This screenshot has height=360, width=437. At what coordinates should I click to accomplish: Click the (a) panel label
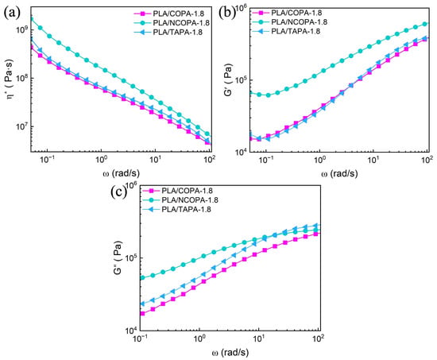click(x=12, y=13)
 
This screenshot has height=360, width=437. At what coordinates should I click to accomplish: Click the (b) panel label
click(x=227, y=13)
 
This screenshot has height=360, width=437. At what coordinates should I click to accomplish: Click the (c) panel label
click(x=119, y=192)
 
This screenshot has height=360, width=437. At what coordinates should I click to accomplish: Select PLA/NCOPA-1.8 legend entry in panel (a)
click(x=172, y=23)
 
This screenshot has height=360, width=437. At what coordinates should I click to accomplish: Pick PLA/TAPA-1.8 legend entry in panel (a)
click(x=168, y=32)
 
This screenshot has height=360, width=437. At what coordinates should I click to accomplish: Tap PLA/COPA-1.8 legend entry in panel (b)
click(x=287, y=13)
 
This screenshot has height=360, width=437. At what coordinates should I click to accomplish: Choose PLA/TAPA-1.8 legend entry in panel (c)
click(x=176, y=209)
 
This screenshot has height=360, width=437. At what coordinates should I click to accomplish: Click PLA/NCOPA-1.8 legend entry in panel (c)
click(x=180, y=200)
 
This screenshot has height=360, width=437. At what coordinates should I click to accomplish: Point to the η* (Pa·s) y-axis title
click(x=10, y=80)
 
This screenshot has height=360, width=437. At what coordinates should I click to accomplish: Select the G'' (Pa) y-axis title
click(x=118, y=257)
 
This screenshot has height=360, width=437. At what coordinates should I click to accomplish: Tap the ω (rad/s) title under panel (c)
click(x=230, y=353)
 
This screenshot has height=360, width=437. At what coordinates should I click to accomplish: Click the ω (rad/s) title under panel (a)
click(x=122, y=173)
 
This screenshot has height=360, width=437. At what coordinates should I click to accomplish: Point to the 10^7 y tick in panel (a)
click(x=21, y=126)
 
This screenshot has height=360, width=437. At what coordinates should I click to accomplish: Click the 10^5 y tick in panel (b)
click(x=241, y=79)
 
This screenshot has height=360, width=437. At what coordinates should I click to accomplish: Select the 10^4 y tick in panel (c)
click(x=132, y=331)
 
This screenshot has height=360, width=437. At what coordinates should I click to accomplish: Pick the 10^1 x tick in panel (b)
click(x=373, y=160)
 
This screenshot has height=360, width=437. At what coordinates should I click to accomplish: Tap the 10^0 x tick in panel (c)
click(x=199, y=339)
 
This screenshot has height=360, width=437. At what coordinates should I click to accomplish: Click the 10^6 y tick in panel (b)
click(x=241, y=8)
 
